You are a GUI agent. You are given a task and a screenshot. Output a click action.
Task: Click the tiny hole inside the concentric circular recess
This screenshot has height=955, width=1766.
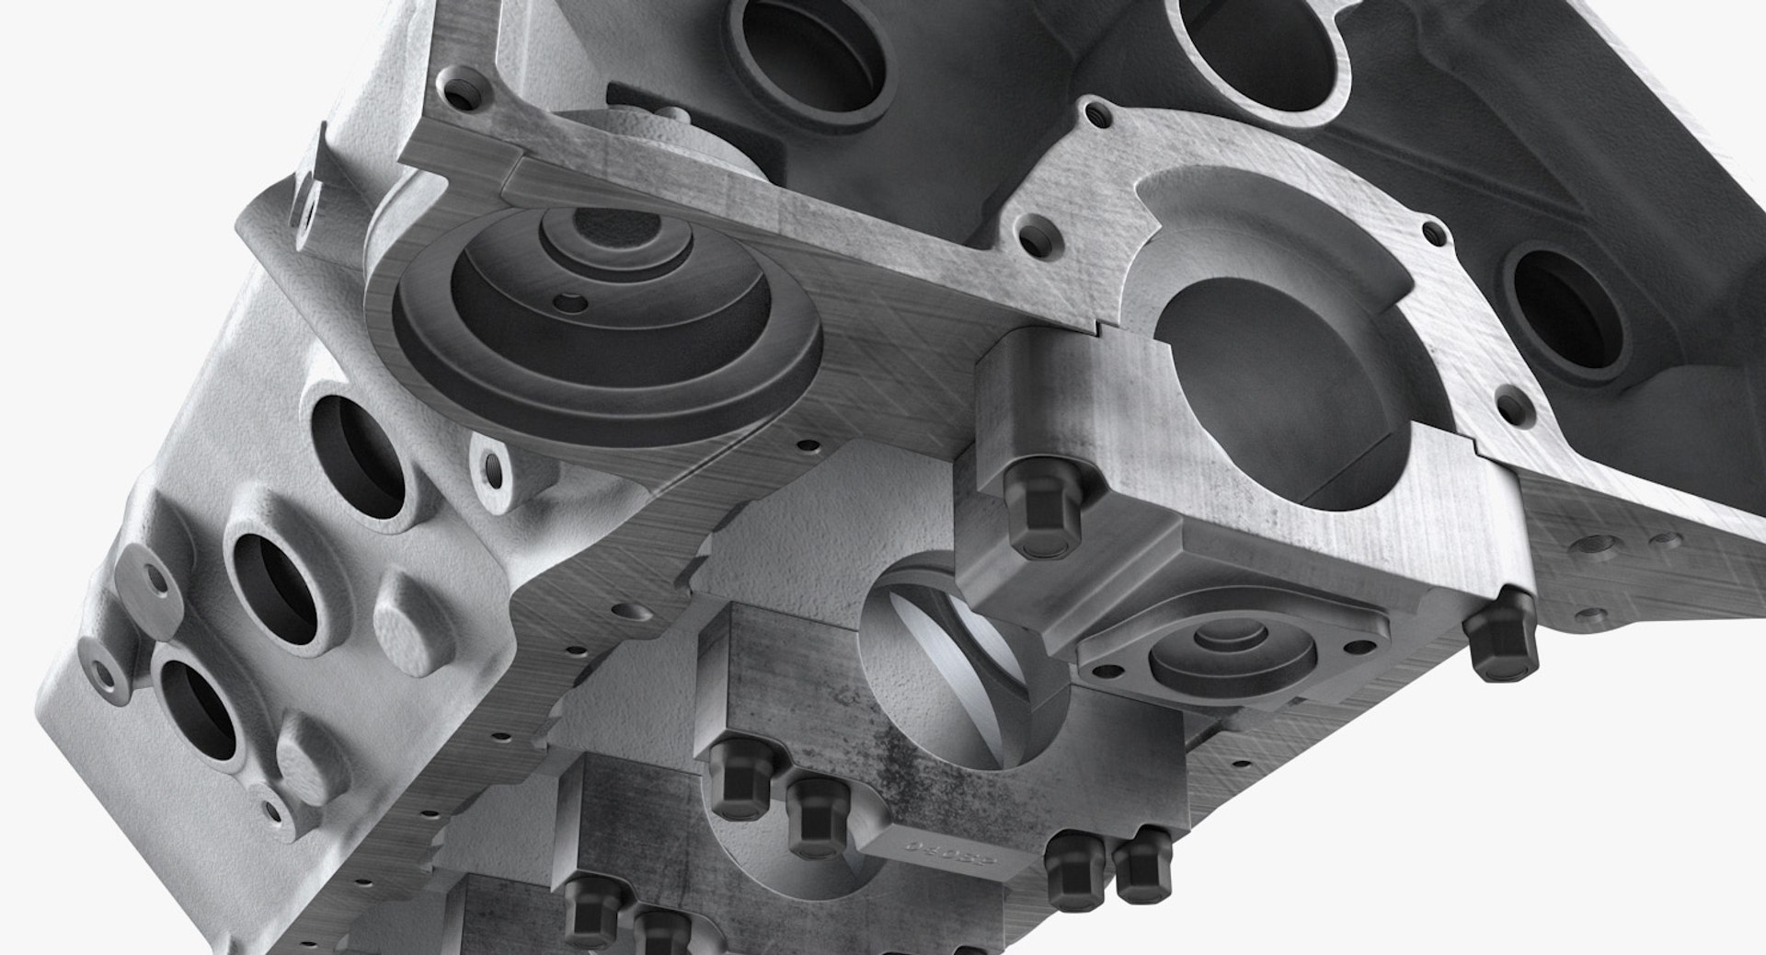click(575, 300)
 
